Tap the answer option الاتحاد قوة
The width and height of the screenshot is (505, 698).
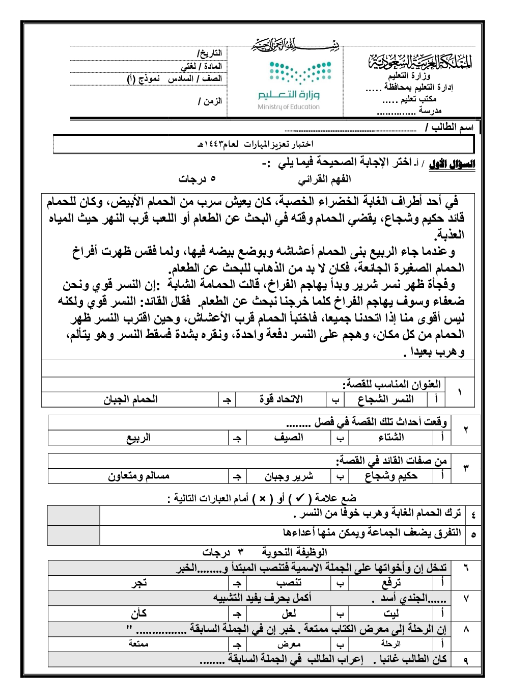coord(281,399)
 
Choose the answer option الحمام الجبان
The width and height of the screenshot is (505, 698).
coord(131,399)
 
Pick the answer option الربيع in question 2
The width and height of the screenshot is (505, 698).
coord(138,438)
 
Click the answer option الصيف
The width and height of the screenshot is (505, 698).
coord(288,438)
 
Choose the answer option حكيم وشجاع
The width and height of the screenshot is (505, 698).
coord(391,476)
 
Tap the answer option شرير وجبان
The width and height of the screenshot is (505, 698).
coord(288,476)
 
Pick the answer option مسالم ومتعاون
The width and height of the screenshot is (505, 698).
coord(138,476)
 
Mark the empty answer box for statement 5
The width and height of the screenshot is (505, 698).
coord(73,535)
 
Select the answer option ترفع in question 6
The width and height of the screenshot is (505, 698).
coord(391,583)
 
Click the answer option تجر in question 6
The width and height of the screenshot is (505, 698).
coord(138,583)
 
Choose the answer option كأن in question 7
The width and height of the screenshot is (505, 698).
coord(138,613)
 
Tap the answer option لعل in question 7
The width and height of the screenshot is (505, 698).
coord(288,613)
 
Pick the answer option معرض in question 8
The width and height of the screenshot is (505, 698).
coord(288,644)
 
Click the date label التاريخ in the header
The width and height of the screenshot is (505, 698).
coord(209,53)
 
